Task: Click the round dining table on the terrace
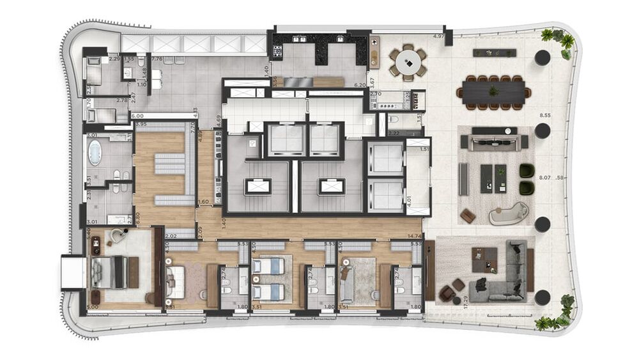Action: tap(408, 62)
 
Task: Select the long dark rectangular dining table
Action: tap(493, 91)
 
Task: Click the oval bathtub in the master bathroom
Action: tap(95, 153)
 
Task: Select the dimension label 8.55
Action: tap(545, 116)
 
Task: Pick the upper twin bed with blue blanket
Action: tap(266, 266)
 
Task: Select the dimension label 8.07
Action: tap(545, 178)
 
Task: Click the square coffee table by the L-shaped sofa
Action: tap(484, 259)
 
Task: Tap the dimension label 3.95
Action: tap(141, 124)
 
